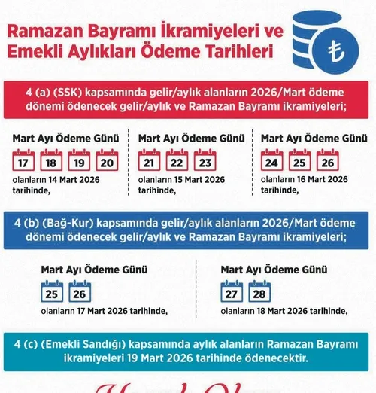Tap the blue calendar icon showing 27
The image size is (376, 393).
point(232,290)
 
